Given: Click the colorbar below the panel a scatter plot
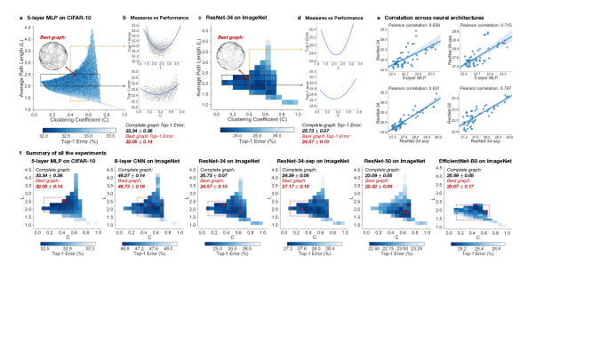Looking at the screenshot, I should point(76,129).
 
